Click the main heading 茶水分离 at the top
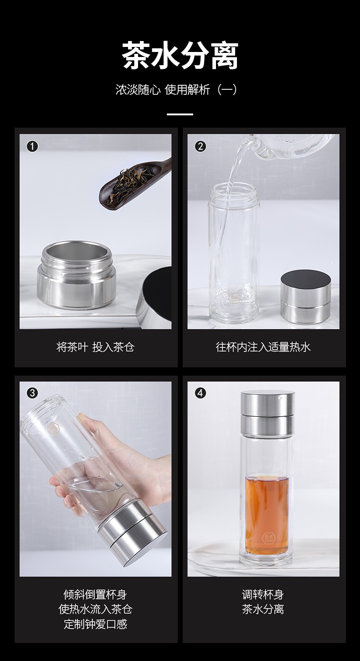click(180, 55)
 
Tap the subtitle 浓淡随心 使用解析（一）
click(176, 89)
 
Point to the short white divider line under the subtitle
click(180, 114)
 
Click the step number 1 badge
click(32, 146)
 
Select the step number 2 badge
click(201, 146)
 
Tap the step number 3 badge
click(32, 393)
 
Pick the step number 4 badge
click(201, 393)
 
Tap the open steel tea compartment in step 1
click(77, 274)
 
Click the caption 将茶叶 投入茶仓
click(95, 347)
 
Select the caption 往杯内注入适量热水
click(263, 347)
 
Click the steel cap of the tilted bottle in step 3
click(133, 532)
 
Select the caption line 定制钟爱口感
click(95, 624)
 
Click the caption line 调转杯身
click(263, 594)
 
